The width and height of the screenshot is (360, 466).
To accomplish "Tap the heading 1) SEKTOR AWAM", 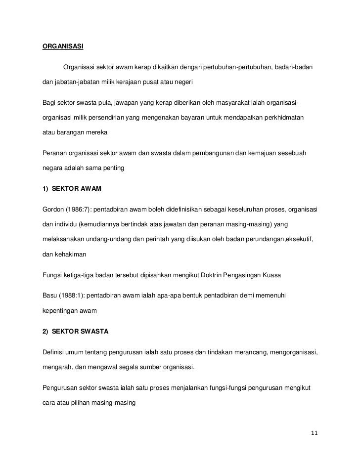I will (x=72, y=190).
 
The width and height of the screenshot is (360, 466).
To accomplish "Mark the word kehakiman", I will (x=71, y=253).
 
